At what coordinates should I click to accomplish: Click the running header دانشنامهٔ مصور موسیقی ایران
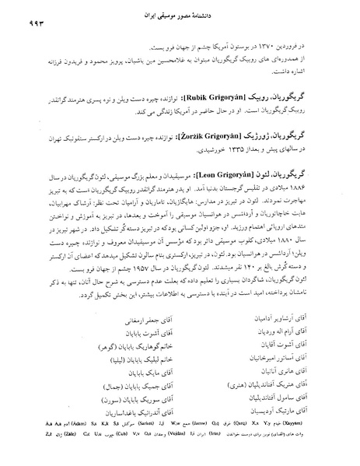(x=184, y=16)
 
